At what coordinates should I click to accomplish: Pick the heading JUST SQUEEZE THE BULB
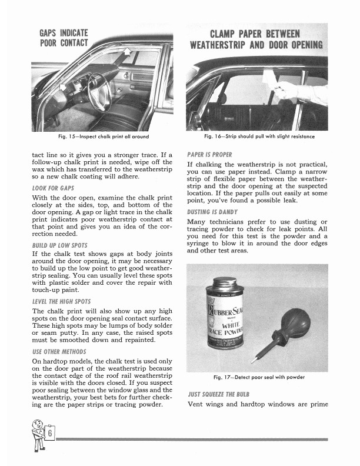220,393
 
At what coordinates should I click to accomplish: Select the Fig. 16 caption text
259,137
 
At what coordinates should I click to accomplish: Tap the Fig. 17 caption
259,377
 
